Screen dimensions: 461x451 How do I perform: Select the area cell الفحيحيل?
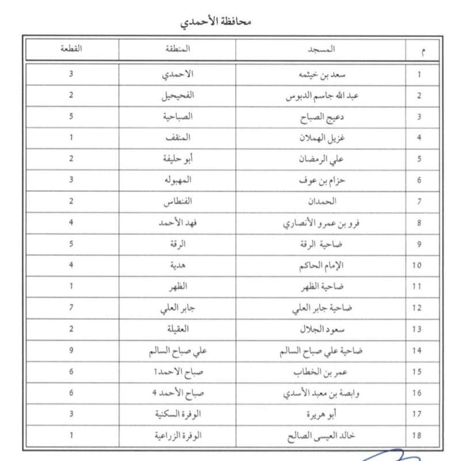click(x=177, y=96)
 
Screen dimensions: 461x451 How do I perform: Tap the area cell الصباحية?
click(x=177, y=116)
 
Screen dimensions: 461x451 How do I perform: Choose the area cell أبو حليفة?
click(x=177, y=159)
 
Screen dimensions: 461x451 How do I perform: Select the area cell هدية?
click(x=177, y=265)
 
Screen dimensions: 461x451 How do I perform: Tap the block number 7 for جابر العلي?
click(x=71, y=308)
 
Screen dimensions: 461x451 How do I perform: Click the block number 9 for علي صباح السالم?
click(x=71, y=350)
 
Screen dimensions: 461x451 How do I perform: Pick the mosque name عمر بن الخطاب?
click(x=327, y=372)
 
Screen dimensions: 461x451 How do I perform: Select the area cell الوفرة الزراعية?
click(x=177, y=436)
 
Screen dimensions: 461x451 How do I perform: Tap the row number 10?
click(x=419, y=266)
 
